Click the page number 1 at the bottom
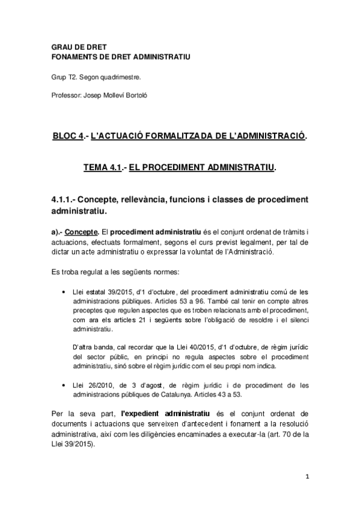tap(307, 477)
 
